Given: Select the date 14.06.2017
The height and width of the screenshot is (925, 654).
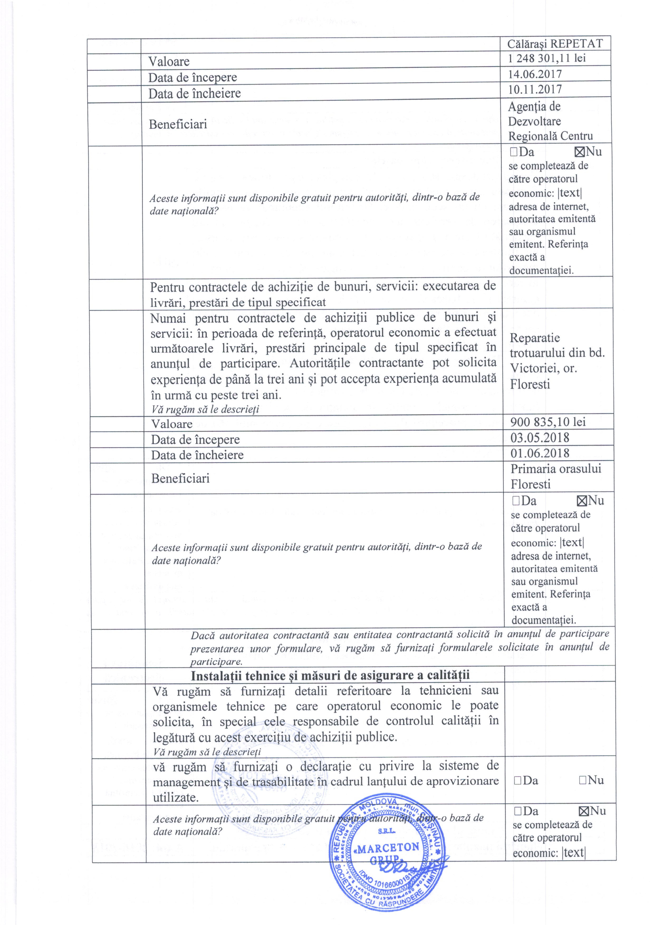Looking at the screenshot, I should coord(535,74).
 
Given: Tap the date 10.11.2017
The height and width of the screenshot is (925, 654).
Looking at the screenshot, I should coord(535,89).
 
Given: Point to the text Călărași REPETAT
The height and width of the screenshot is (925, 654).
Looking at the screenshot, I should coord(555,44).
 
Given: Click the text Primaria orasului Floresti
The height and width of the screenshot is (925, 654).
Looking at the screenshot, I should coord(556,476).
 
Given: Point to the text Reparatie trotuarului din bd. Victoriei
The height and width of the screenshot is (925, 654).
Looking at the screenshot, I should coord(557,360).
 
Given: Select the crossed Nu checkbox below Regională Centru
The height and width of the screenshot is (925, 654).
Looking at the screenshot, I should coord(579,152).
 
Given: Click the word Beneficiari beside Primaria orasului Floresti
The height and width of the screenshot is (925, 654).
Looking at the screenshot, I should coord(180,478).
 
